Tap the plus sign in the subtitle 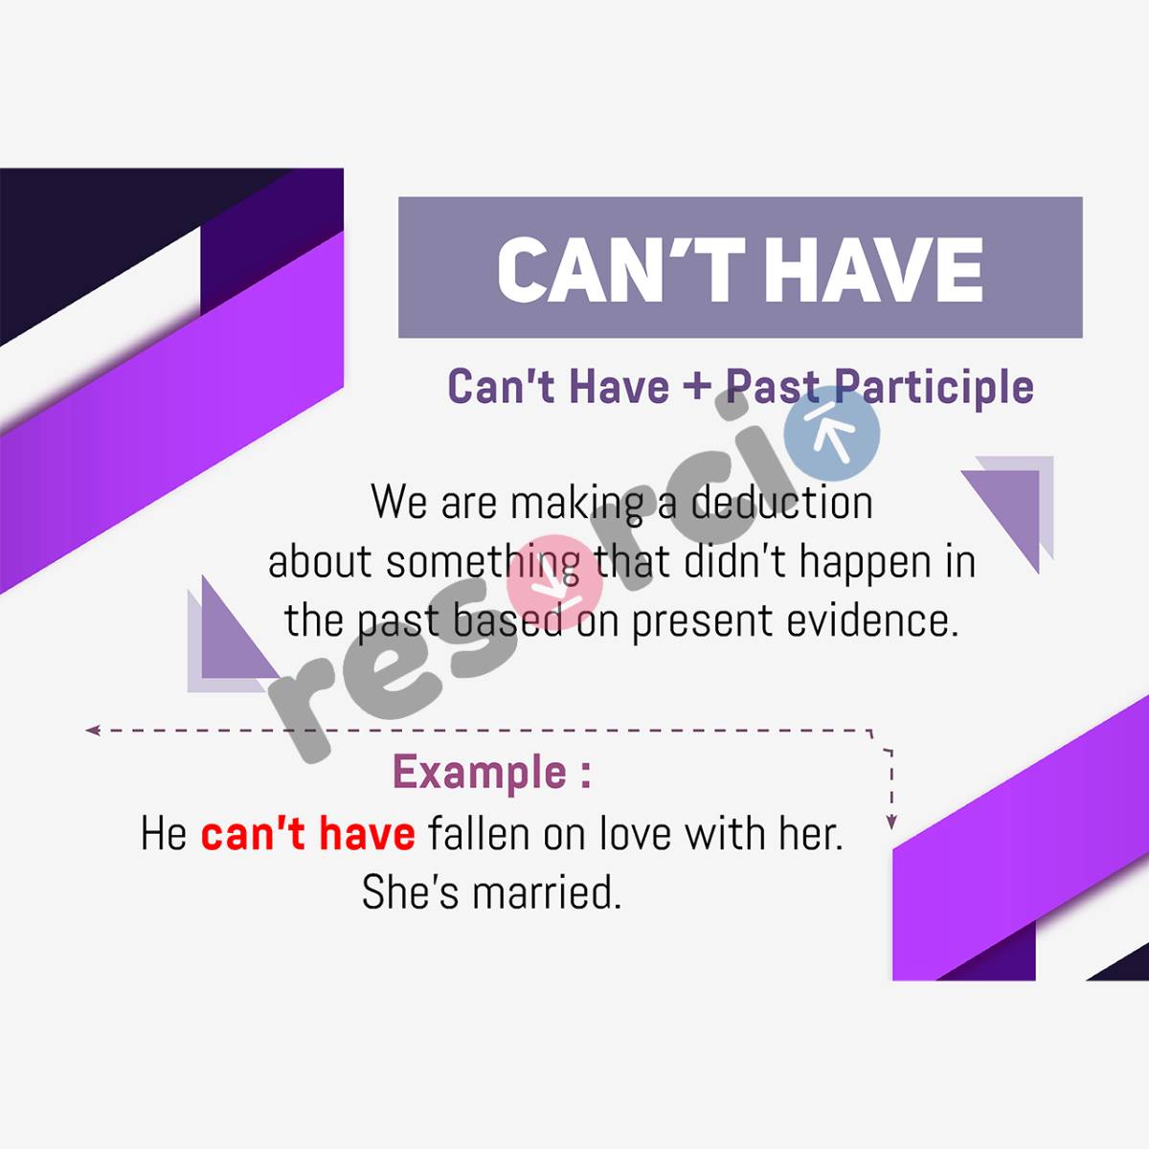(x=697, y=387)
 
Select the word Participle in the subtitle (x=934, y=387)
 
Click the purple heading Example (x=481, y=772)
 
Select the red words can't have (x=307, y=833)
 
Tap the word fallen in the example (x=479, y=833)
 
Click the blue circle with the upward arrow (x=831, y=436)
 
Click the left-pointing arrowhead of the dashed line (x=92, y=731)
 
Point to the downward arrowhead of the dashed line (x=891, y=822)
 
